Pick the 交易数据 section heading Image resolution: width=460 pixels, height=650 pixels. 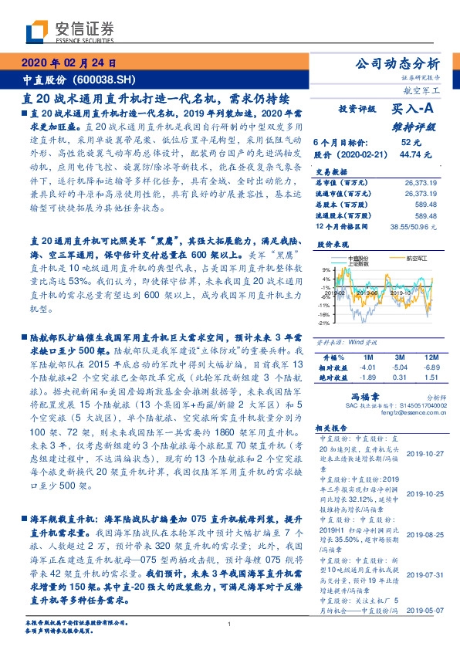pyautogui.click(x=333, y=171)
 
